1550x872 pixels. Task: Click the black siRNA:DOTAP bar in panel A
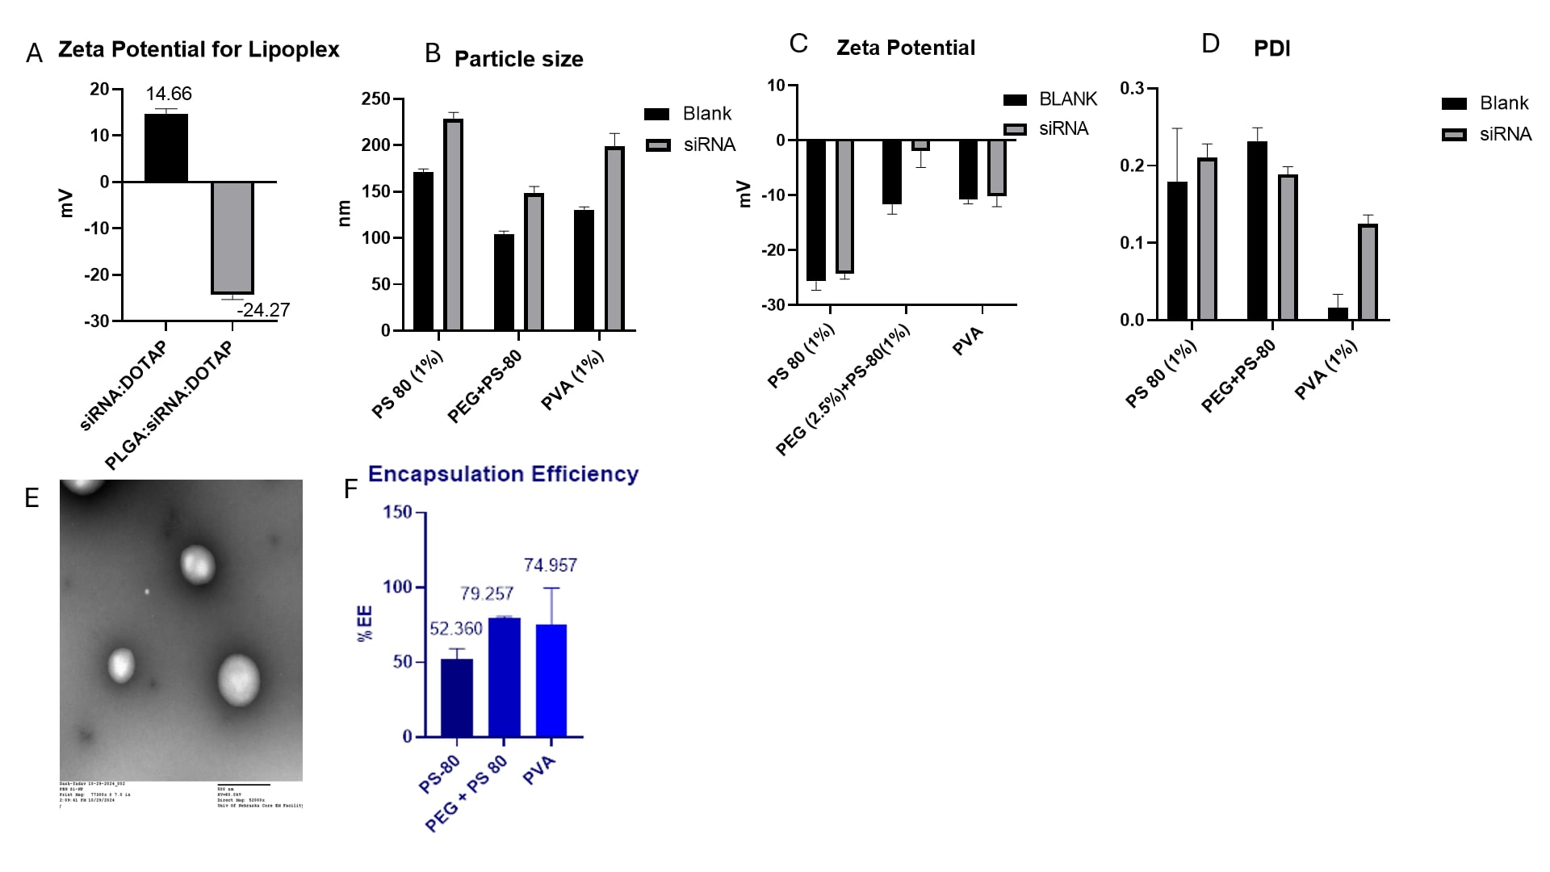click(x=166, y=149)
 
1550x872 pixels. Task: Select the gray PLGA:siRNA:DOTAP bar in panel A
click(x=232, y=237)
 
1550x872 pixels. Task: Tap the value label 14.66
click(x=169, y=94)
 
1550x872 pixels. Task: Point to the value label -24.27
click(x=263, y=310)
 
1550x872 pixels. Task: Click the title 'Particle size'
click(x=518, y=59)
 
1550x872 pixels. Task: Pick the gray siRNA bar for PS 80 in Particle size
click(x=454, y=225)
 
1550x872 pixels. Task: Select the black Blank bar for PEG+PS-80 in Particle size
click(x=504, y=283)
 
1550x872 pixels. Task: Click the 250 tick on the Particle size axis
click(x=376, y=99)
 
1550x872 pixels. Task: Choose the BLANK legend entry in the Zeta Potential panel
click(x=1050, y=99)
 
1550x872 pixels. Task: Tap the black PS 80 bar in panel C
click(x=816, y=210)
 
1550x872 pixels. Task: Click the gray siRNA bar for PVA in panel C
click(x=997, y=168)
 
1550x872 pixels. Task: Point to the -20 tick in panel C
click(x=774, y=250)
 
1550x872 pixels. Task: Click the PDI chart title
click(x=1271, y=48)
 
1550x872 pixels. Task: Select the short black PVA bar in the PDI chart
click(x=1338, y=314)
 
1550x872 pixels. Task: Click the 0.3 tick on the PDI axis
click(x=1133, y=88)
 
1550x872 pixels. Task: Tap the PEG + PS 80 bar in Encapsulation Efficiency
click(x=505, y=677)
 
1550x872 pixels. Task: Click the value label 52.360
click(x=456, y=629)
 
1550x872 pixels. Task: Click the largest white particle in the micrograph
click(x=239, y=679)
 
